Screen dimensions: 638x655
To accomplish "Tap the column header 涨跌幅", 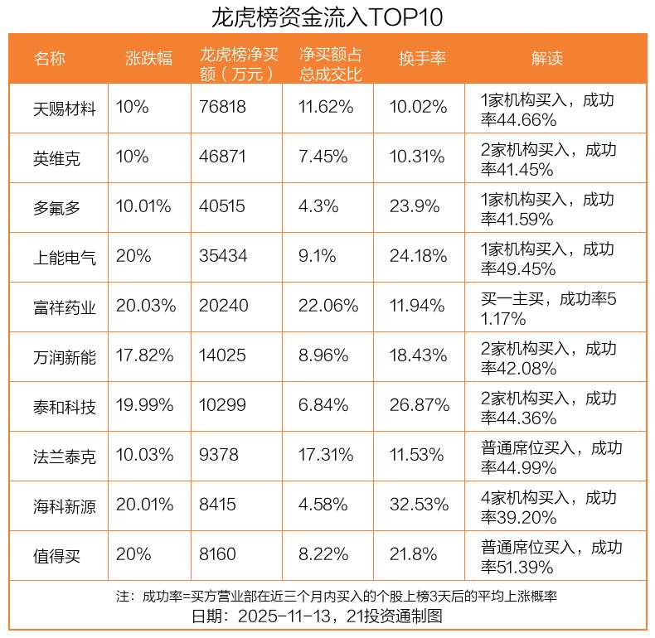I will [x=149, y=58].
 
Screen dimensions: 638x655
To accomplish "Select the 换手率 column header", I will [x=422, y=58].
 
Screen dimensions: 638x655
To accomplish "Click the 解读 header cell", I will [x=547, y=58].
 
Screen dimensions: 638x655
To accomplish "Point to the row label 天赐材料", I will [x=65, y=109].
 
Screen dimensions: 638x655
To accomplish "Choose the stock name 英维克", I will [x=57, y=157].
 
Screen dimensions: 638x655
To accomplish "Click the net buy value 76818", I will [x=223, y=108].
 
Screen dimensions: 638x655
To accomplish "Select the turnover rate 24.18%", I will [x=418, y=257].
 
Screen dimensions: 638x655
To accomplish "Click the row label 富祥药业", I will [x=65, y=307].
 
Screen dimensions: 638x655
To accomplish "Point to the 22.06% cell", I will [x=328, y=307].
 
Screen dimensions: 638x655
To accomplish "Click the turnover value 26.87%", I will [x=419, y=406].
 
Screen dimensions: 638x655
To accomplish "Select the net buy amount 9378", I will [x=217, y=456].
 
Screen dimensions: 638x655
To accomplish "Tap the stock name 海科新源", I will [x=65, y=506].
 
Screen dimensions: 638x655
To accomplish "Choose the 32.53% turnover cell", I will [x=419, y=505].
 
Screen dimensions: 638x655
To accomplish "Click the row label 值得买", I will [x=57, y=556].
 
